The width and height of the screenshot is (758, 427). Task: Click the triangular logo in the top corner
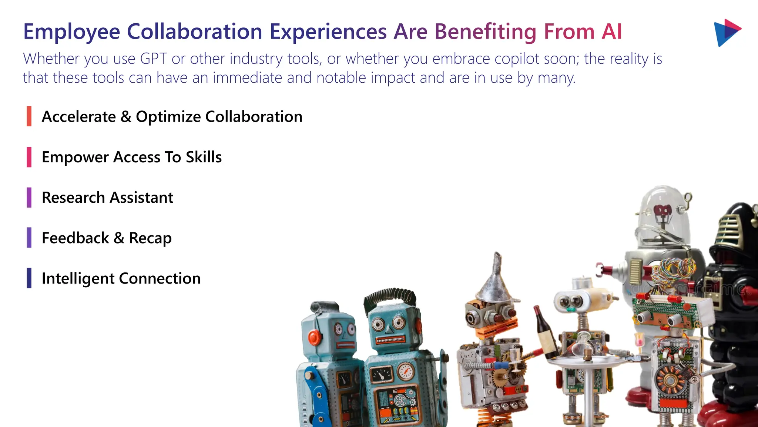tap(727, 32)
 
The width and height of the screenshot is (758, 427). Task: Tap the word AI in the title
tap(611, 32)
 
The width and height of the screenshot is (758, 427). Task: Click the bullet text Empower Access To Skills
tap(132, 157)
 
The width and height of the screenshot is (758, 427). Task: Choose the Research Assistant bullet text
tap(107, 198)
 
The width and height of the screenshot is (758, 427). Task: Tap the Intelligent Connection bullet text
tap(121, 278)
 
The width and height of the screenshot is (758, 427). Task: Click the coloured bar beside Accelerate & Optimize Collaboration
tap(29, 116)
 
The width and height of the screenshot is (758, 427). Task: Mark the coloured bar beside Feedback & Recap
tap(29, 238)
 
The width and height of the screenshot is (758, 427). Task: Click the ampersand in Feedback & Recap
tap(119, 238)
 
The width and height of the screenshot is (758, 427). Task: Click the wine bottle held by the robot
tap(545, 332)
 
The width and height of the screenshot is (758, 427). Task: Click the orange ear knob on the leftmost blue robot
tap(315, 337)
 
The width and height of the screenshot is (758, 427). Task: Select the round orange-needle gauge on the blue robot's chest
tap(406, 371)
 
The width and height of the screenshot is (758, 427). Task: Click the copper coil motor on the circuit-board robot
tap(670, 380)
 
